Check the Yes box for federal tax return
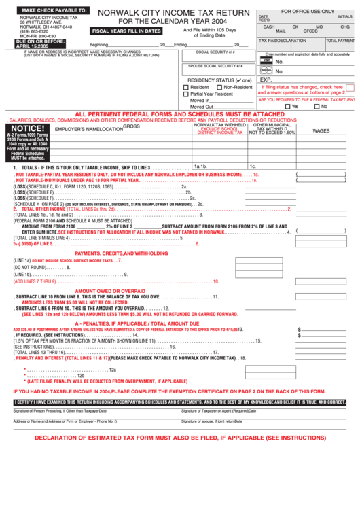click(x=287, y=106)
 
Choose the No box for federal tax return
click(x=316, y=106)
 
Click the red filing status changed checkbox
click(x=259, y=88)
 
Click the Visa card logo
click(x=266, y=61)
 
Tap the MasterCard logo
click(x=266, y=71)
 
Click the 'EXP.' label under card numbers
click(x=266, y=80)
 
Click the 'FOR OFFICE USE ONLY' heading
click(x=307, y=12)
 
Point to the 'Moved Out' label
click(x=201, y=107)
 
